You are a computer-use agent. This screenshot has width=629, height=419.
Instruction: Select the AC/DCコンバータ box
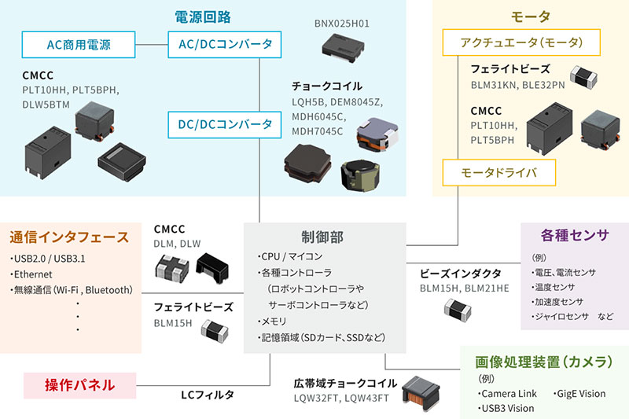(x=221, y=43)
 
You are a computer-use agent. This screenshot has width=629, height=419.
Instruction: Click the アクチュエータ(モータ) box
(x=511, y=42)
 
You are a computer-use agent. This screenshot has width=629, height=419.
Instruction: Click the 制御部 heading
(x=322, y=237)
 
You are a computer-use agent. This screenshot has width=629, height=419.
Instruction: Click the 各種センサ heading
(x=575, y=235)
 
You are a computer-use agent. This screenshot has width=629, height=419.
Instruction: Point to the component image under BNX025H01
(x=343, y=50)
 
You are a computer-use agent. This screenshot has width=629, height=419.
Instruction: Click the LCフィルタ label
(x=207, y=395)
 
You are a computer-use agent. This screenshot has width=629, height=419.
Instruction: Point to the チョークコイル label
(x=327, y=86)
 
